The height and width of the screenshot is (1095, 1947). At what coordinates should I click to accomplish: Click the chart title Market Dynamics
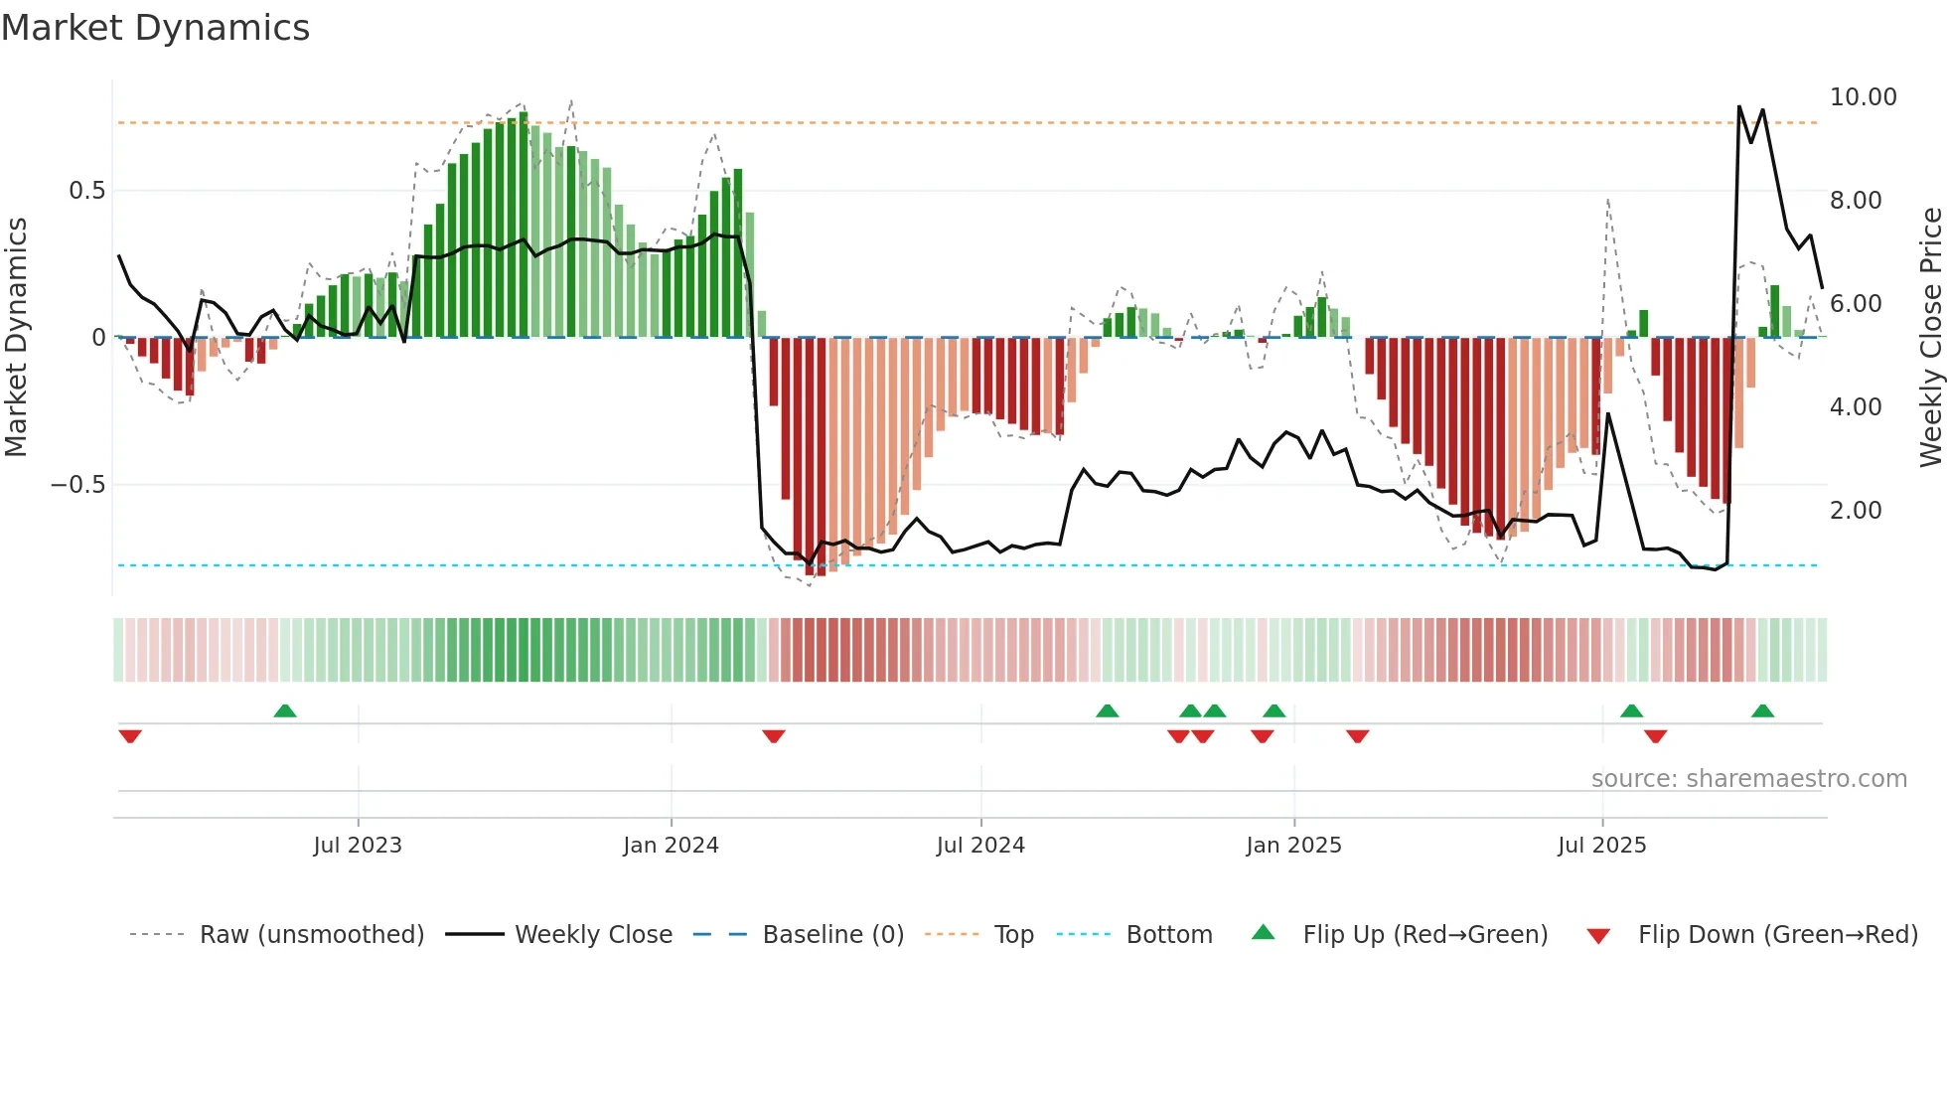(156, 28)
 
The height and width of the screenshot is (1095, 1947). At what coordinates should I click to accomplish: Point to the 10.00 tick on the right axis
(1863, 97)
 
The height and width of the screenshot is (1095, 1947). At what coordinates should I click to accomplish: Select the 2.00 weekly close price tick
(1855, 511)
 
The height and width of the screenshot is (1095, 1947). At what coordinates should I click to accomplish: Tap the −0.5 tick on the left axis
(77, 485)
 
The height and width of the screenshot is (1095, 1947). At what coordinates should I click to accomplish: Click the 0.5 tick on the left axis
(86, 191)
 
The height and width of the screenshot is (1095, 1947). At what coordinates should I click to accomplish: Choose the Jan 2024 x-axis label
(671, 846)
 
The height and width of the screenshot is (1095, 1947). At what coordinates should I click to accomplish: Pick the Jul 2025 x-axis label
(1601, 846)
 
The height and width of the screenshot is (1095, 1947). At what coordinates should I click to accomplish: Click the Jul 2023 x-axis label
(358, 846)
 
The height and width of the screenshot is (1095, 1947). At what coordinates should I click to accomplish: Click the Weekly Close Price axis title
(1930, 337)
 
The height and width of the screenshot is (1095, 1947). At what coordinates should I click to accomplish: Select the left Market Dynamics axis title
(17, 337)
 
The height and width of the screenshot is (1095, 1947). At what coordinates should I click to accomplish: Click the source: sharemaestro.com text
(1748, 779)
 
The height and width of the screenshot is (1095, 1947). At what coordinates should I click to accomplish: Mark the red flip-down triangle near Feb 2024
(774, 736)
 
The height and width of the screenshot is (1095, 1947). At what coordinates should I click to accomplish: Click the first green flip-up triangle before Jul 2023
(285, 710)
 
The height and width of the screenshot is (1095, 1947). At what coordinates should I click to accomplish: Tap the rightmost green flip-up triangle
(1762, 710)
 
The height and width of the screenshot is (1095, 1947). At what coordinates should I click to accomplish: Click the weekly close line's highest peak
(1738, 106)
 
